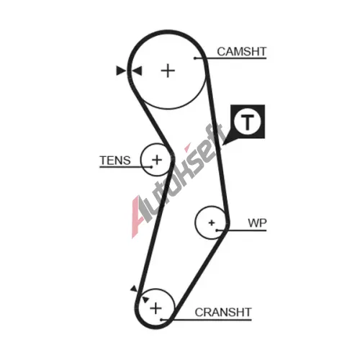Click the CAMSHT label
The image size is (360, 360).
pyautogui.click(x=242, y=52)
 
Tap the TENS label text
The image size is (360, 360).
pyautogui.click(x=115, y=161)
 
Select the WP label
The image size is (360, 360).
pyautogui.click(x=257, y=223)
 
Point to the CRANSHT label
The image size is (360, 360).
pyautogui.click(x=223, y=312)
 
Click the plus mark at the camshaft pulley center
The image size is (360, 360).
pyautogui.click(x=168, y=71)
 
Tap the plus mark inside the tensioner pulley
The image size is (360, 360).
pyautogui.click(x=157, y=160)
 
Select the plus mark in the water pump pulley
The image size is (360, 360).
pyautogui.click(x=212, y=223)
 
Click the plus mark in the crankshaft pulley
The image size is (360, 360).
pyautogui.click(x=156, y=308)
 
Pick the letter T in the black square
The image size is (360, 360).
pyautogui.click(x=247, y=122)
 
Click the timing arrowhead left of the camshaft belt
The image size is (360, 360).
pyautogui.click(x=121, y=71)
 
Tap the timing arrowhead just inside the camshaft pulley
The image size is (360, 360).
pyautogui.click(x=138, y=71)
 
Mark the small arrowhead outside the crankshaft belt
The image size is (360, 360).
pyautogui.click(x=134, y=289)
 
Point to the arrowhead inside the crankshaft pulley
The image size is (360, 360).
pyautogui.click(x=145, y=300)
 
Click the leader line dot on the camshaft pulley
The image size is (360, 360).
pyautogui.click(x=195, y=58)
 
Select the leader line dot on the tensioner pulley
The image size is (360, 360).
pyautogui.click(x=151, y=167)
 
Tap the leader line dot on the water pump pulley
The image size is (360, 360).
pyautogui.click(x=217, y=230)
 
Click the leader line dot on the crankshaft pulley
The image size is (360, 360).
pyautogui.click(x=161, y=320)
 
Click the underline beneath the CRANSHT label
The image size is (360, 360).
pyautogui.click(x=207, y=320)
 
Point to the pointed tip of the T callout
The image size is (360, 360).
pyautogui.click(x=222, y=145)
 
